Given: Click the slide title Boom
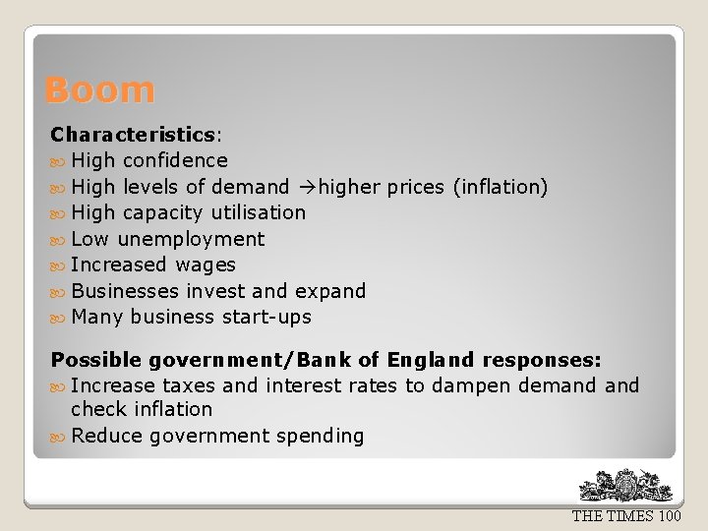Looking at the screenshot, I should pyautogui.click(x=99, y=90).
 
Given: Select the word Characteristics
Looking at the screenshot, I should pyautogui.click(x=133, y=134).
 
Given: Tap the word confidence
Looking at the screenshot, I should pyautogui.click(x=175, y=160).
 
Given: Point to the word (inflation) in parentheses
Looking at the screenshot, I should pyautogui.click(x=500, y=186).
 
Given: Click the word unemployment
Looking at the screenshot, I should pyautogui.click(x=191, y=239).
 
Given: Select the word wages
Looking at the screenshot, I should pyautogui.click(x=206, y=265).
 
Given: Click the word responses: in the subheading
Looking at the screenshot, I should pyautogui.click(x=548, y=360).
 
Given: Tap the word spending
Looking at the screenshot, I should pyautogui.click(x=320, y=436).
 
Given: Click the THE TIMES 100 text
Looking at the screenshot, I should pyautogui.click(x=626, y=516).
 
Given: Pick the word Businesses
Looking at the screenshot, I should pyautogui.click(x=125, y=291).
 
